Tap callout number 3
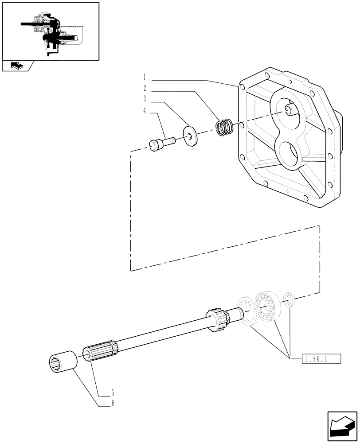pyautogui.click(x=145, y=98)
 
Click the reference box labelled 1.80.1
pyautogui.click(x=321, y=358)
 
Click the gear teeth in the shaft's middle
pyautogui.click(x=217, y=320)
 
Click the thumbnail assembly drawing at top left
pyautogui.click(x=50, y=31)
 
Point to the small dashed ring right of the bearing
pyautogui.click(x=289, y=299)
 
